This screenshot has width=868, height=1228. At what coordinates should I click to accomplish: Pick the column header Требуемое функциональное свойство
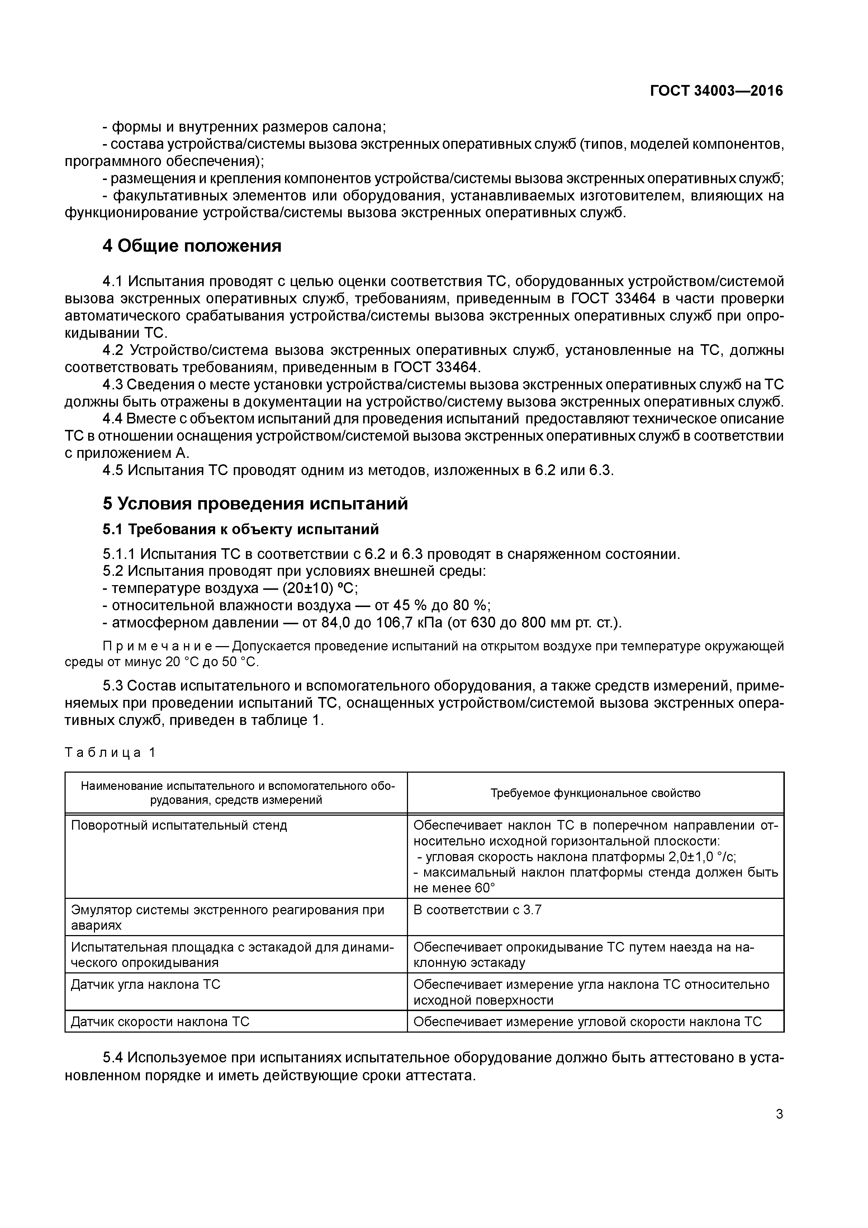pos(595,793)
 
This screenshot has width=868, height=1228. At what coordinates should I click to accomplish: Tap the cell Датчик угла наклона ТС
pos(146,985)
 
